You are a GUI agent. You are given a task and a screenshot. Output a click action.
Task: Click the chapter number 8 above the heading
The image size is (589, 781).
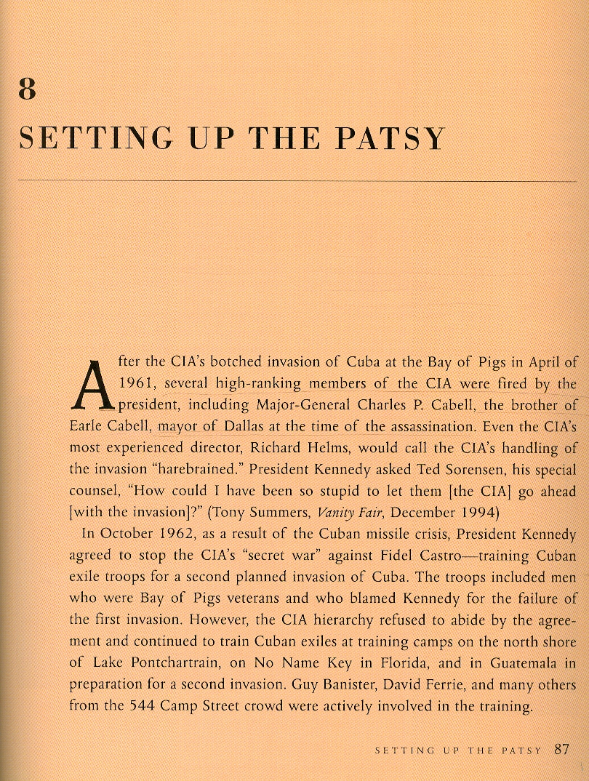(28, 89)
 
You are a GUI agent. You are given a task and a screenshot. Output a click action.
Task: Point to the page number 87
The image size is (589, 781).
(561, 749)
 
